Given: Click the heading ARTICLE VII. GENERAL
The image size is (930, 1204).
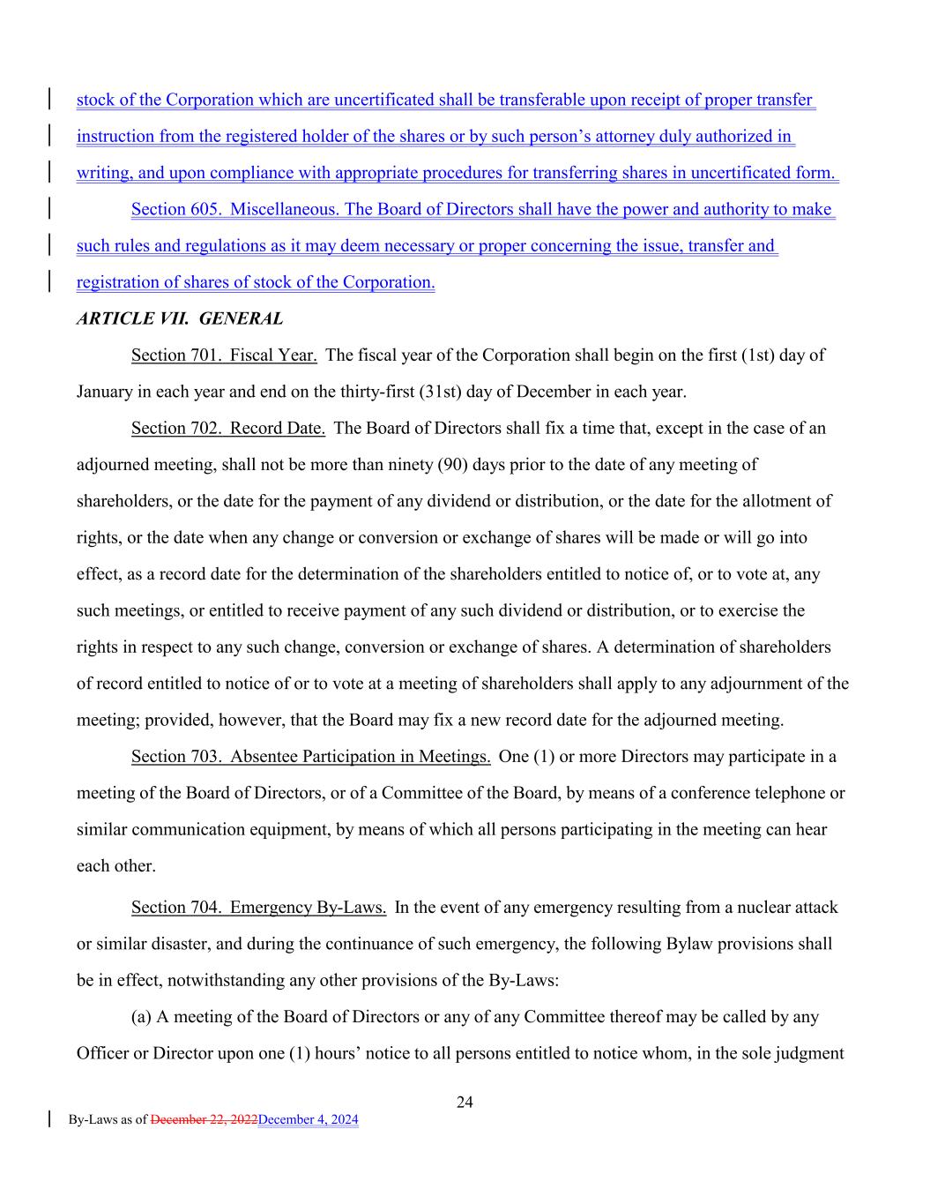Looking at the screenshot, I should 180,319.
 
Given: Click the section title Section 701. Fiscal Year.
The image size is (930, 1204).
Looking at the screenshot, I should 224,355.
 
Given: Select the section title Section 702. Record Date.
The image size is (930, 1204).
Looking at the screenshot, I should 228,429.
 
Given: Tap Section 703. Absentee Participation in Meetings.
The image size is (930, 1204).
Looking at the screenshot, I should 310,757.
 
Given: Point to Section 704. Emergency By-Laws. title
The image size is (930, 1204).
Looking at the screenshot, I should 258,908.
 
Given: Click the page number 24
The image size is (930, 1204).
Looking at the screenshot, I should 465,1102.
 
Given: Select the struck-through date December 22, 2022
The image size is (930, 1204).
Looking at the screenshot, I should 204,1120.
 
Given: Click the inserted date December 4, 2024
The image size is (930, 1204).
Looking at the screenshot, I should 309,1120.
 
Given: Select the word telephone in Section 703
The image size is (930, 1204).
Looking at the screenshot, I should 791,793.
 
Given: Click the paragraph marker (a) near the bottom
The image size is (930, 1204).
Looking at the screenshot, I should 141,1017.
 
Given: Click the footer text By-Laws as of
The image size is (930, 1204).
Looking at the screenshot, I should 108,1120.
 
